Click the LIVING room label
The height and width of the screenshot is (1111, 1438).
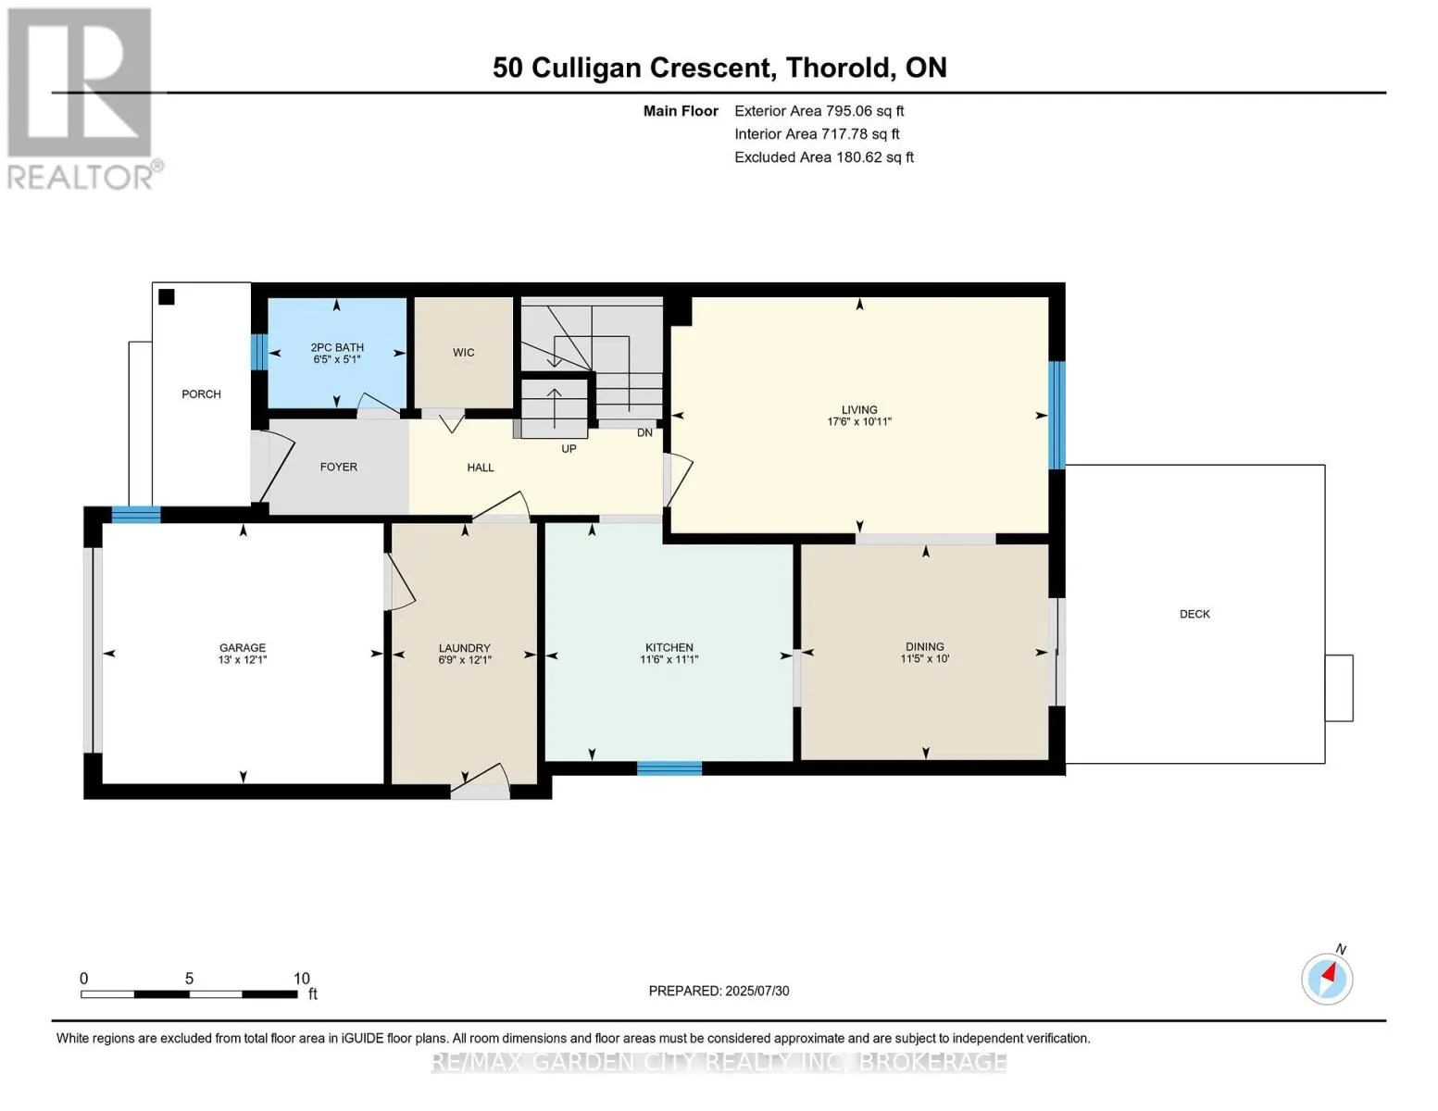[859, 409]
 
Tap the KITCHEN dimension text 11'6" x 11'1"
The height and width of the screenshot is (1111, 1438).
[669, 659]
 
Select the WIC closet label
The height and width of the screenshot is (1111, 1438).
[463, 353]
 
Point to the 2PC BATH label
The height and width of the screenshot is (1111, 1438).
[337, 347]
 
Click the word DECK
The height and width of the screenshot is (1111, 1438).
[1194, 614]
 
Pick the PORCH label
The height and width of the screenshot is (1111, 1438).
[201, 394]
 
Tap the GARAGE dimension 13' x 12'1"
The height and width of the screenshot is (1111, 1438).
[243, 660]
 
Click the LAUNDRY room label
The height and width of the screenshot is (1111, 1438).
[465, 648]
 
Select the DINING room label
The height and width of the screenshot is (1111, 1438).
[924, 646]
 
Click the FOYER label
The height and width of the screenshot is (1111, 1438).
[339, 468]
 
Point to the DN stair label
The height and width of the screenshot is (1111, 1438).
[644, 432]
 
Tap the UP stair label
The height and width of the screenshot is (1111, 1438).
[569, 449]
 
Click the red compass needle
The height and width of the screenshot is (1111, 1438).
[1330, 973]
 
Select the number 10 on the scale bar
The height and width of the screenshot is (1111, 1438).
[302, 979]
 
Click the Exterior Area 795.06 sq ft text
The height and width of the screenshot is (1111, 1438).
[819, 111]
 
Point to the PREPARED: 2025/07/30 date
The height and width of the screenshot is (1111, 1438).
[719, 991]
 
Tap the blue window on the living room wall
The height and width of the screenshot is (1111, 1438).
[1057, 415]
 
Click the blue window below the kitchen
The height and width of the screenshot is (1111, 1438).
[669, 768]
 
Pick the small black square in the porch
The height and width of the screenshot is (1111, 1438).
[166, 297]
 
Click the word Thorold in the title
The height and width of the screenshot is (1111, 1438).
[837, 68]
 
